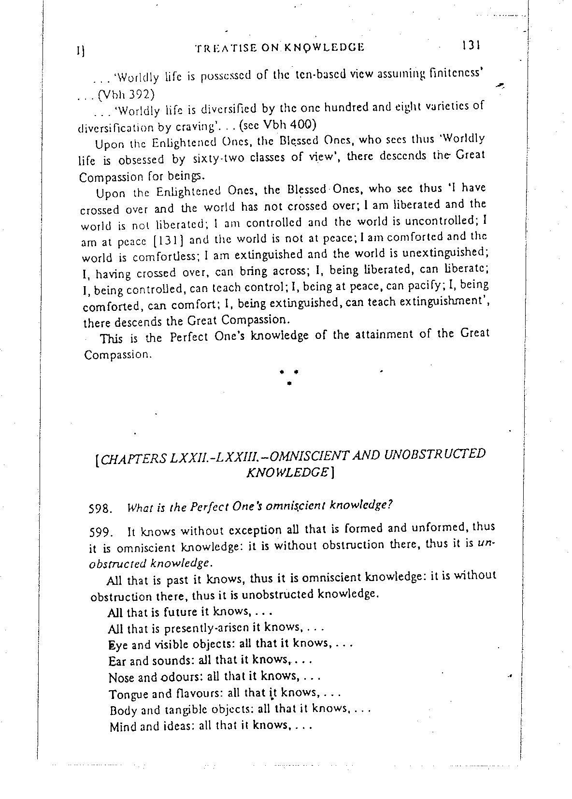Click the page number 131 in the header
pyautogui.click(x=470, y=45)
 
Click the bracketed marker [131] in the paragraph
pyautogui.click(x=172, y=240)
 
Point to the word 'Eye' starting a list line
pyautogui.click(x=117, y=645)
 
